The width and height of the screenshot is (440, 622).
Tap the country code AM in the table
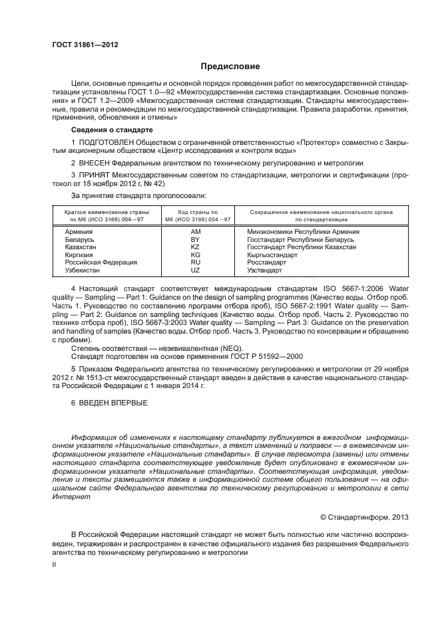[196, 231]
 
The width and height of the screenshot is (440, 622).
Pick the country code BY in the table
[196, 239]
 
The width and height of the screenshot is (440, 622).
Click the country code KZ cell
[196, 247]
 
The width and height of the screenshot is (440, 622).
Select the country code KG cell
[196, 255]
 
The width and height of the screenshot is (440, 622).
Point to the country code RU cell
[196, 262]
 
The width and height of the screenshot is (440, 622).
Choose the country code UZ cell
[196, 270]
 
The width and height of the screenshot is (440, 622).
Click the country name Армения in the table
[79, 231]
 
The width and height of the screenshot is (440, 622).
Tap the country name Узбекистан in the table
[83, 270]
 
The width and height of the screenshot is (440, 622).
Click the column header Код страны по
[196, 212]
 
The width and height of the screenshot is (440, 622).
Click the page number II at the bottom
[55, 564]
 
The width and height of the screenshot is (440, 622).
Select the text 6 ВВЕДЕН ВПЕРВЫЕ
[109, 403]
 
